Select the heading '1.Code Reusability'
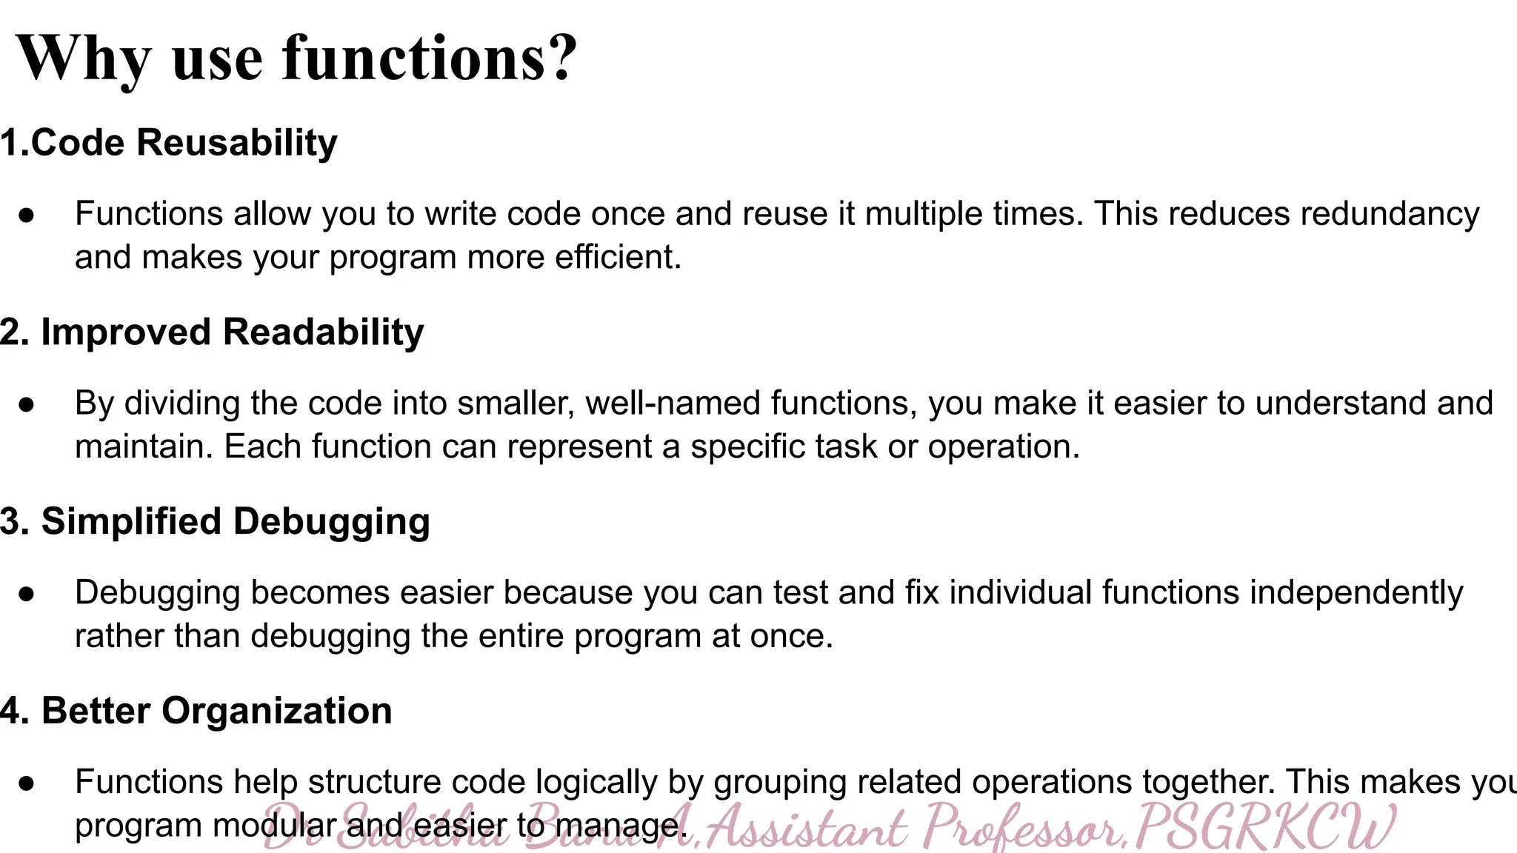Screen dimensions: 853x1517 coord(169,142)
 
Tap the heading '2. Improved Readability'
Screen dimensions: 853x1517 coord(212,332)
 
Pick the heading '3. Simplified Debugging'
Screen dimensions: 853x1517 coord(215,521)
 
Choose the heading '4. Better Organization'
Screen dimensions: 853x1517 coord(196,711)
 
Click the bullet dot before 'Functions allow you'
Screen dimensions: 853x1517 coord(27,215)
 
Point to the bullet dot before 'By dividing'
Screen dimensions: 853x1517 coord(27,404)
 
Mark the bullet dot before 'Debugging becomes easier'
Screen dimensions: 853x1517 coord(27,594)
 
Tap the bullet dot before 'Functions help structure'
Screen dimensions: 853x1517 coord(27,783)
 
